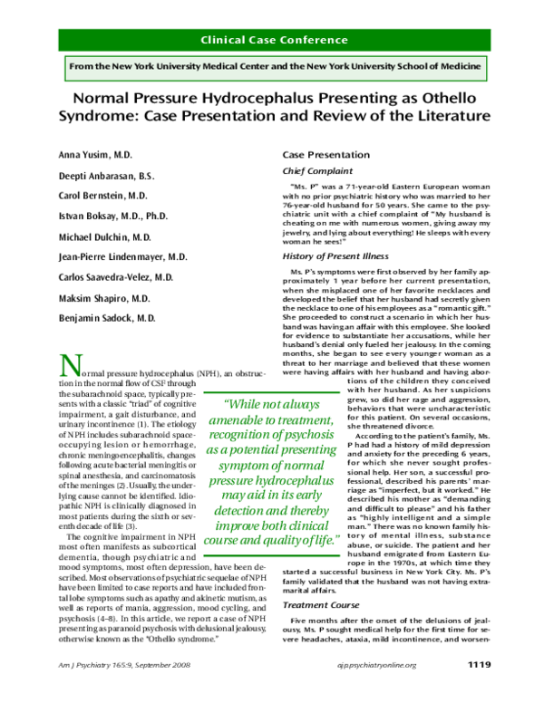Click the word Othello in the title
click(470, 100)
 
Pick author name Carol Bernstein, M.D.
click(100, 195)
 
